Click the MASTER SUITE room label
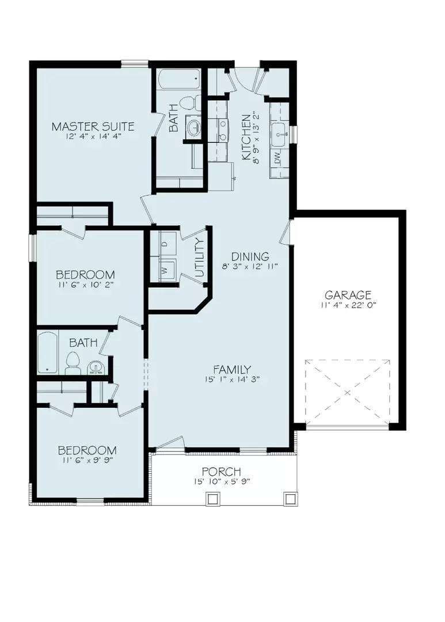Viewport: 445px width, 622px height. click(x=93, y=126)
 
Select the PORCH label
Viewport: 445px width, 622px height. click(x=221, y=472)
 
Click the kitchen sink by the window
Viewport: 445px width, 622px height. click(x=280, y=134)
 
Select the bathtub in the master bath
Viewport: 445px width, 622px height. click(x=179, y=79)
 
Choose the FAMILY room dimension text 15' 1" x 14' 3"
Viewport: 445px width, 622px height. click(x=231, y=380)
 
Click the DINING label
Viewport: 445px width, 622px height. click(x=250, y=256)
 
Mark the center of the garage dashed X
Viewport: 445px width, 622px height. click(x=347, y=393)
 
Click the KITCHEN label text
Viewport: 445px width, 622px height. click(x=246, y=138)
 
